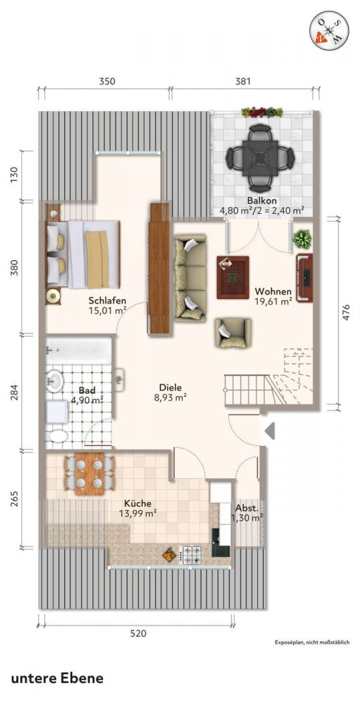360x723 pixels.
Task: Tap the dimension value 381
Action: pyautogui.click(x=243, y=82)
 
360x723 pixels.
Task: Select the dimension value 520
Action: pyautogui.click(x=138, y=633)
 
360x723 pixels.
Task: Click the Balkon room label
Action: pyautogui.click(x=262, y=201)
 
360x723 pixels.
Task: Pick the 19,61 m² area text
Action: pyautogui.click(x=274, y=301)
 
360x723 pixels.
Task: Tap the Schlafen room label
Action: pyautogui.click(x=108, y=301)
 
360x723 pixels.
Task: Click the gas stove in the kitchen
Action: pyautogui.click(x=190, y=554)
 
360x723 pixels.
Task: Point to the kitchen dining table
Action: pyautogui.click(x=90, y=473)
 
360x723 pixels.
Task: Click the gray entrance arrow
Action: pyautogui.click(x=270, y=431)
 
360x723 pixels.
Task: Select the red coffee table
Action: pyautogui.click(x=233, y=278)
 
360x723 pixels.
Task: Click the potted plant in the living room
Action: pyautogui.click(x=302, y=238)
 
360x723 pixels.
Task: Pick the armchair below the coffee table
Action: pyautogui.click(x=232, y=333)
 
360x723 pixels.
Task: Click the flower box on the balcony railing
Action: pyautogui.click(x=262, y=112)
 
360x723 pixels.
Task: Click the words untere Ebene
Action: pyautogui.click(x=57, y=678)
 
